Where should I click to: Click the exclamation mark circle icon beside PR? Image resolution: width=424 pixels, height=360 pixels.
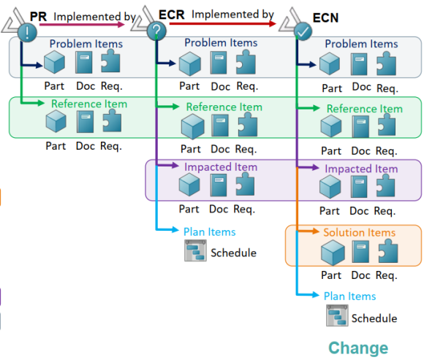(27, 32)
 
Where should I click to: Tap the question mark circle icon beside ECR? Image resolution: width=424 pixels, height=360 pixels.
(156, 31)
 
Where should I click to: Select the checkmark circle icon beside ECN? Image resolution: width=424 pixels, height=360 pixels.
(303, 31)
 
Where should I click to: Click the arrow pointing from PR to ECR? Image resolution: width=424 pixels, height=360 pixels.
(82, 25)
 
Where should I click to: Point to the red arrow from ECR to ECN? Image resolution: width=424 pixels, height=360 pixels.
(223, 23)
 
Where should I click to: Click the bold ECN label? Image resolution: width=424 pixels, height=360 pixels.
(325, 18)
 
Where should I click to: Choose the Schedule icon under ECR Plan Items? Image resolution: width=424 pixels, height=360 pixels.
(195, 251)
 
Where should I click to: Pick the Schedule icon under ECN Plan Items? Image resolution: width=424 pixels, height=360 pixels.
(337, 315)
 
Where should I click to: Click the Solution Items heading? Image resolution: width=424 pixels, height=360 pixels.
(360, 232)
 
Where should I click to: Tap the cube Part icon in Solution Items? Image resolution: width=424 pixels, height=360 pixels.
(333, 253)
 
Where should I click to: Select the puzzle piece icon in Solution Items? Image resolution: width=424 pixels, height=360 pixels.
(388, 251)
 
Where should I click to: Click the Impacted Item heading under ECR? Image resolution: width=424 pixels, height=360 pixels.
(221, 167)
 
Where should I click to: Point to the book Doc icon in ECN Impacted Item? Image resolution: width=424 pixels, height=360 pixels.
(359, 187)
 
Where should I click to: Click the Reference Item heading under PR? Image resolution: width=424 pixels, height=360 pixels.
(89, 104)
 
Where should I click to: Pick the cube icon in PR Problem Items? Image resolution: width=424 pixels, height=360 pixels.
(54, 62)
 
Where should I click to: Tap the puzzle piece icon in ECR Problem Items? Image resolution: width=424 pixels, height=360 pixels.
(246, 62)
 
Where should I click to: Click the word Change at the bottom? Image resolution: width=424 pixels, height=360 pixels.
(358, 348)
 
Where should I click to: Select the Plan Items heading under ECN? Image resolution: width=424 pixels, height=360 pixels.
(349, 296)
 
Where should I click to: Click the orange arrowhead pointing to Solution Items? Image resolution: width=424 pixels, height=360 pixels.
(316, 231)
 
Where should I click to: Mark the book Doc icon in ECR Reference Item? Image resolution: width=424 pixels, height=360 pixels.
(220, 126)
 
